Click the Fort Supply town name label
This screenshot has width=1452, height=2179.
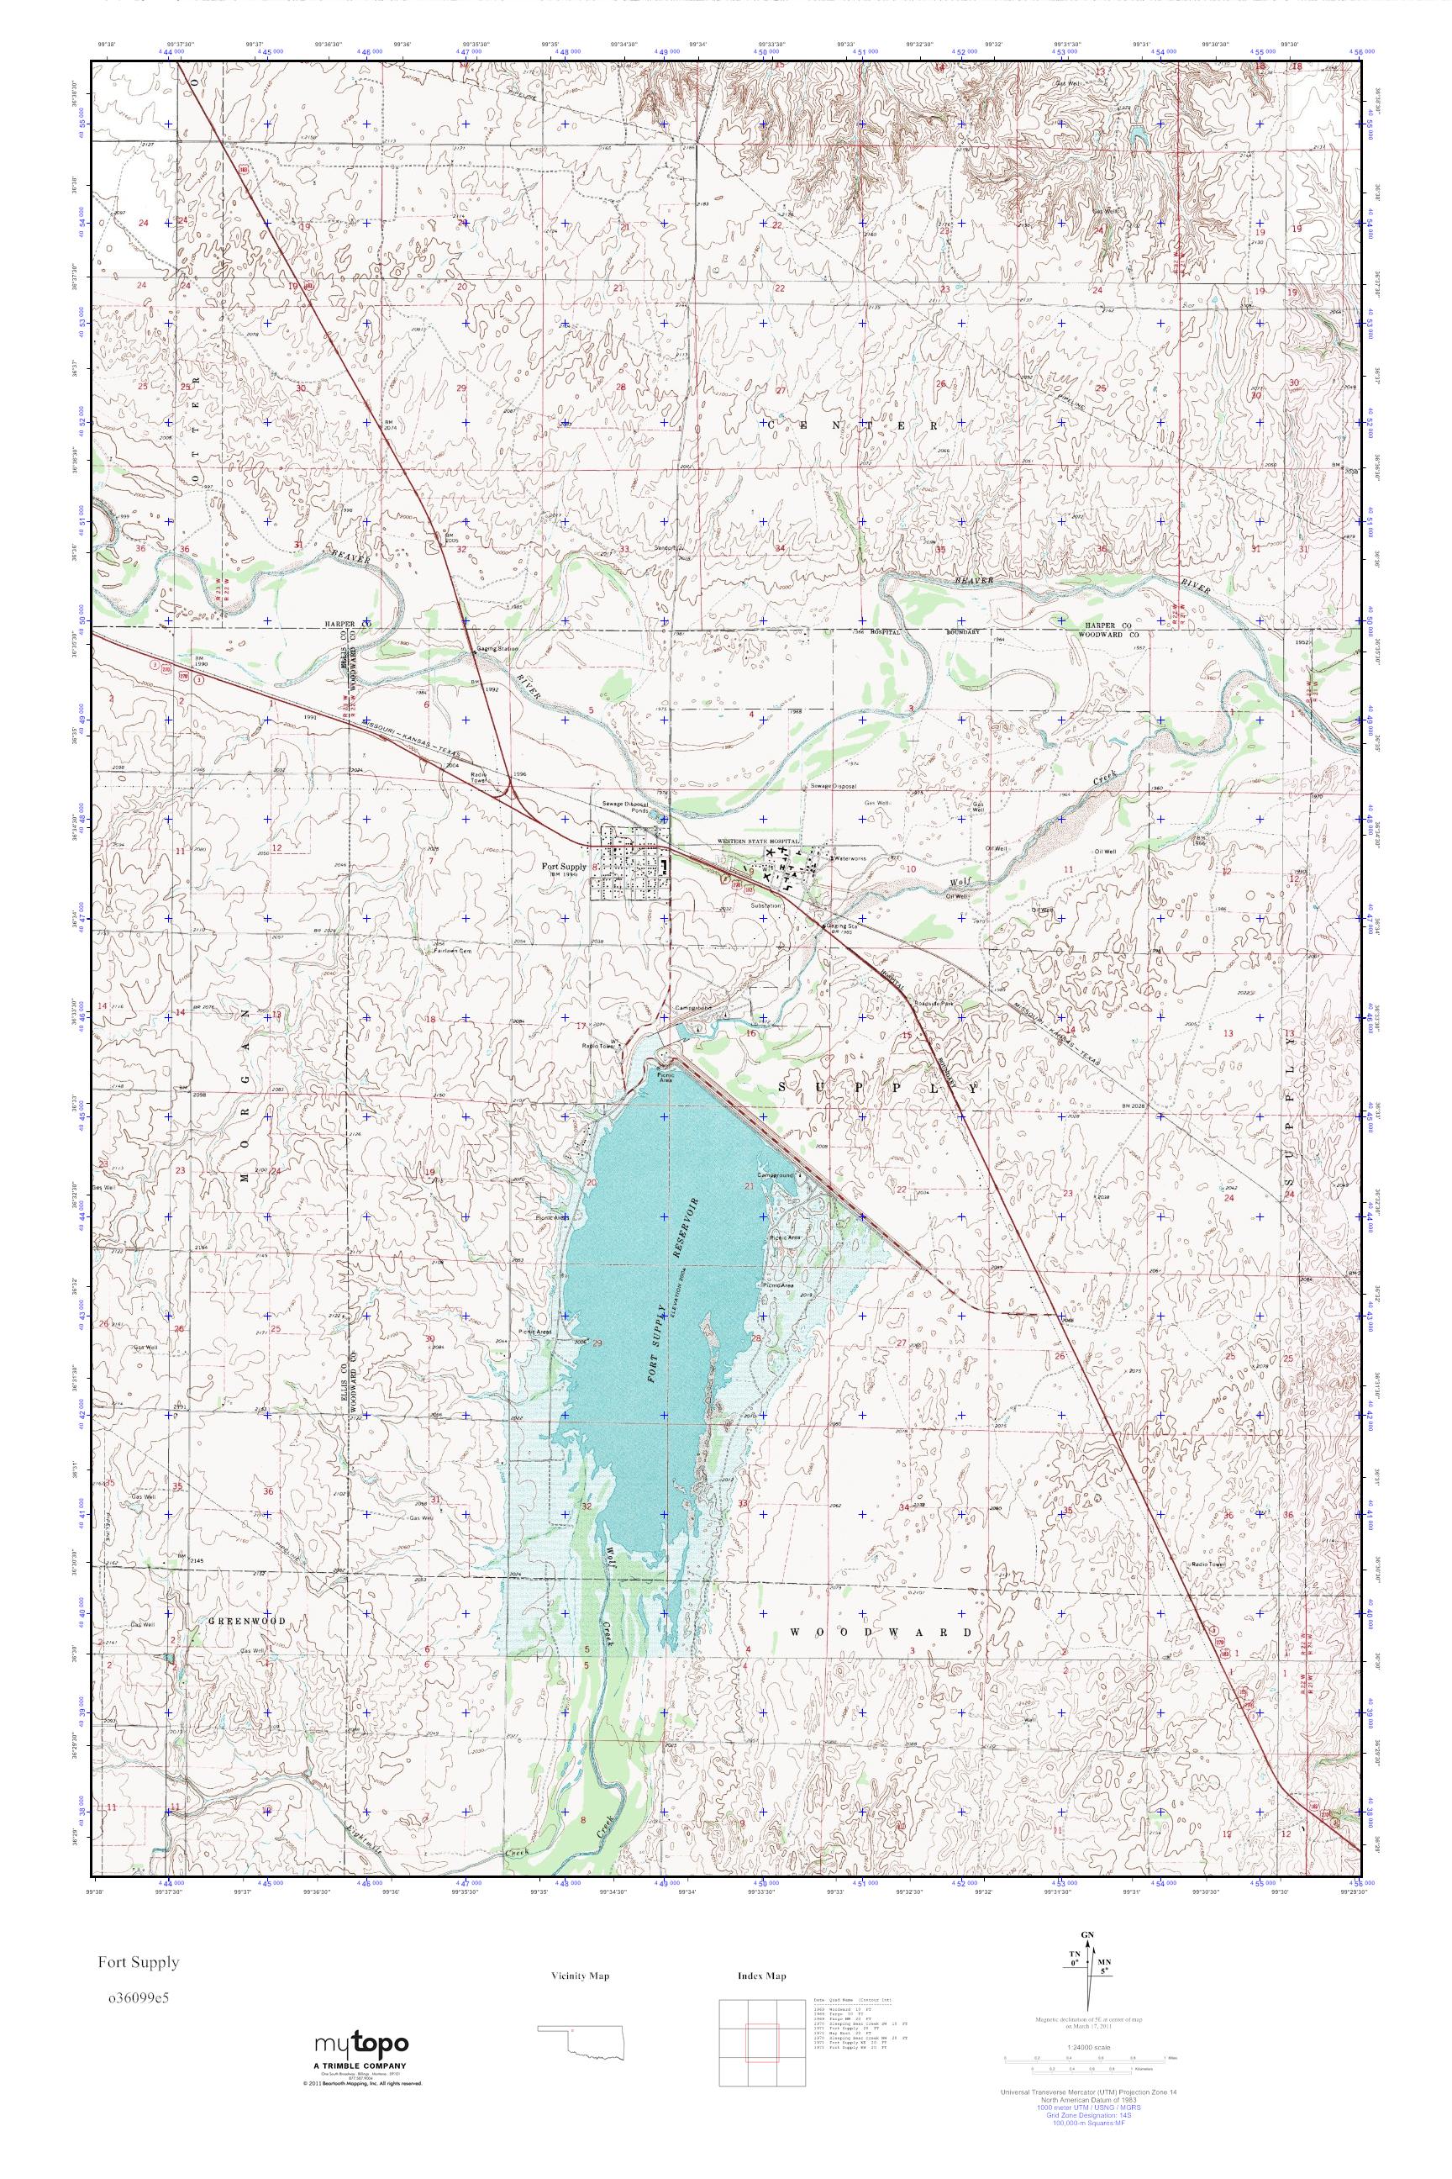tap(564, 868)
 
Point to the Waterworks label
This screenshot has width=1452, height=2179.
tap(850, 859)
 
